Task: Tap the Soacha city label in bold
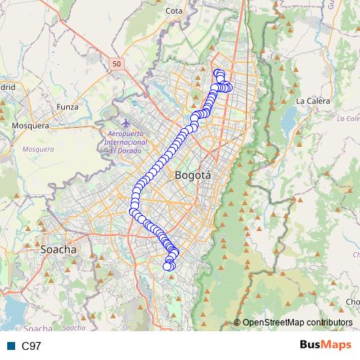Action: tap(59, 250)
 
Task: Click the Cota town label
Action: tap(174, 11)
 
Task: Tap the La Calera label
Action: tap(312, 101)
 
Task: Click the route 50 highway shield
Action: tap(117, 64)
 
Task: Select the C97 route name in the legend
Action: tap(31, 346)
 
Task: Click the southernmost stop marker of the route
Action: tap(168, 266)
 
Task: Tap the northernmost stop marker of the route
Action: tap(217, 71)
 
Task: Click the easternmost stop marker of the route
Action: tap(229, 88)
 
